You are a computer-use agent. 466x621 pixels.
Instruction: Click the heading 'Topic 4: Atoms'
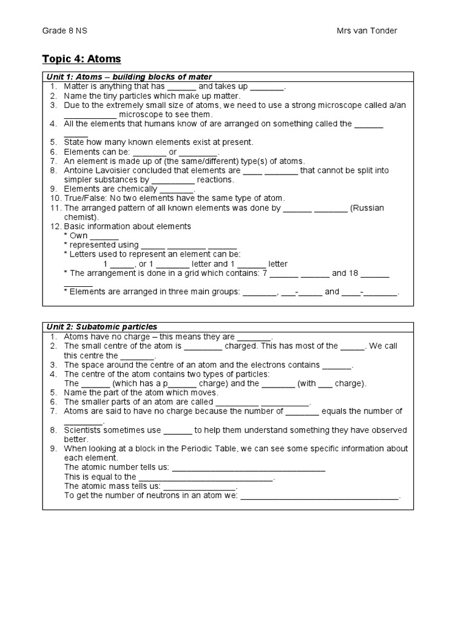coord(81,59)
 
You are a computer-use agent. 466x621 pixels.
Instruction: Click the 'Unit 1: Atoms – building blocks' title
coord(129,76)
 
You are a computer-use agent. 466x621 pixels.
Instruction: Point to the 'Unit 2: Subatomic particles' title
coord(102,327)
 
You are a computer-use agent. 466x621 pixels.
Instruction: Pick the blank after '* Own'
coord(104,236)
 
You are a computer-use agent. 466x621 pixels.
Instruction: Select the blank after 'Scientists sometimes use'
coord(177,431)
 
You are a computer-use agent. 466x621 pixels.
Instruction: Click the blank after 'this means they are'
coord(254,337)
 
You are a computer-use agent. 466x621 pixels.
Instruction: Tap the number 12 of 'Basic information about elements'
coord(54,226)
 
